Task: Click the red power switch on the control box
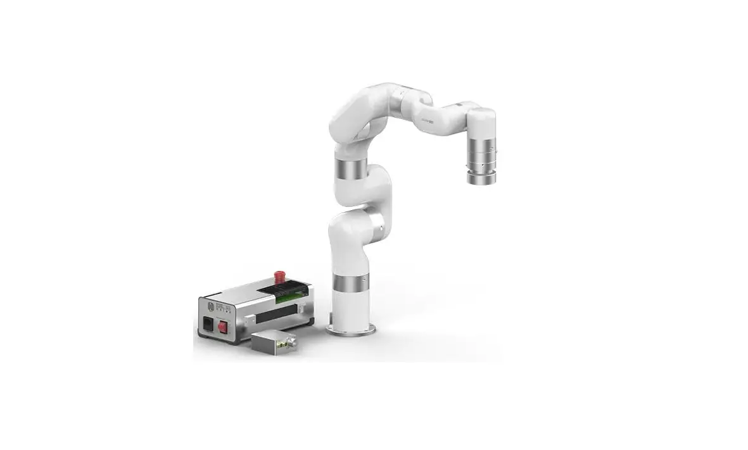[222, 328]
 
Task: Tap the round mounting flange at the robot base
[350, 330]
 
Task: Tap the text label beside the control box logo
[221, 306]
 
